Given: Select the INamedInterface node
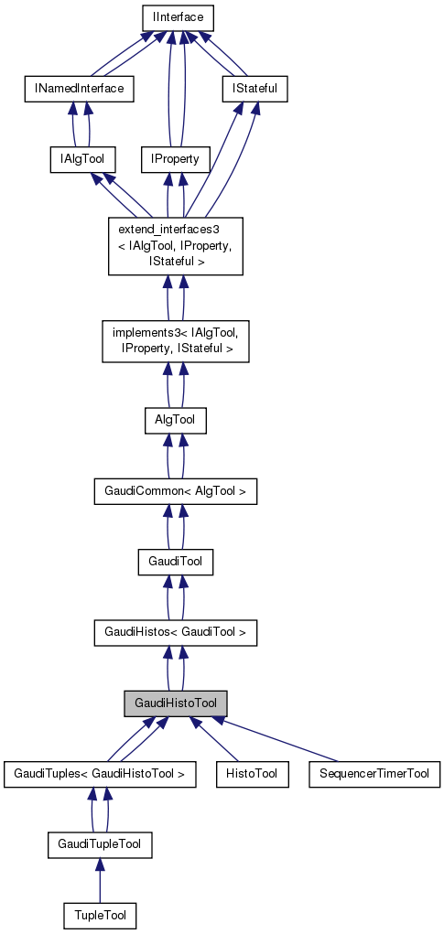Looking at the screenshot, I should coord(79,89).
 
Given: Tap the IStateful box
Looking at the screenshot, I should coord(254,89).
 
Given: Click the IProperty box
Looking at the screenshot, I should coord(176,159).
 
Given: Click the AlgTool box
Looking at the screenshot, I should coord(176,420).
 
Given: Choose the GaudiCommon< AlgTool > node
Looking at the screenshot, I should coord(176,491).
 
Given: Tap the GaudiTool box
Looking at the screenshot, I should coord(176,562).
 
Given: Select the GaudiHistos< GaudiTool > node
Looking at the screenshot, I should coord(176,632).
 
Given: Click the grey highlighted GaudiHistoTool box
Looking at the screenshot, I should coord(176,703).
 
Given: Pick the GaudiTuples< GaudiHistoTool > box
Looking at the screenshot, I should coord(100,774).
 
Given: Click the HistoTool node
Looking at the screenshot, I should coord(252,774).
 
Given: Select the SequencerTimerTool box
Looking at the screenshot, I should coord(374,774).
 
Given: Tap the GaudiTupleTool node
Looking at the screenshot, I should coord(100,844).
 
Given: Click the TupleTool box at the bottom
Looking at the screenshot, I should coord(100,915).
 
